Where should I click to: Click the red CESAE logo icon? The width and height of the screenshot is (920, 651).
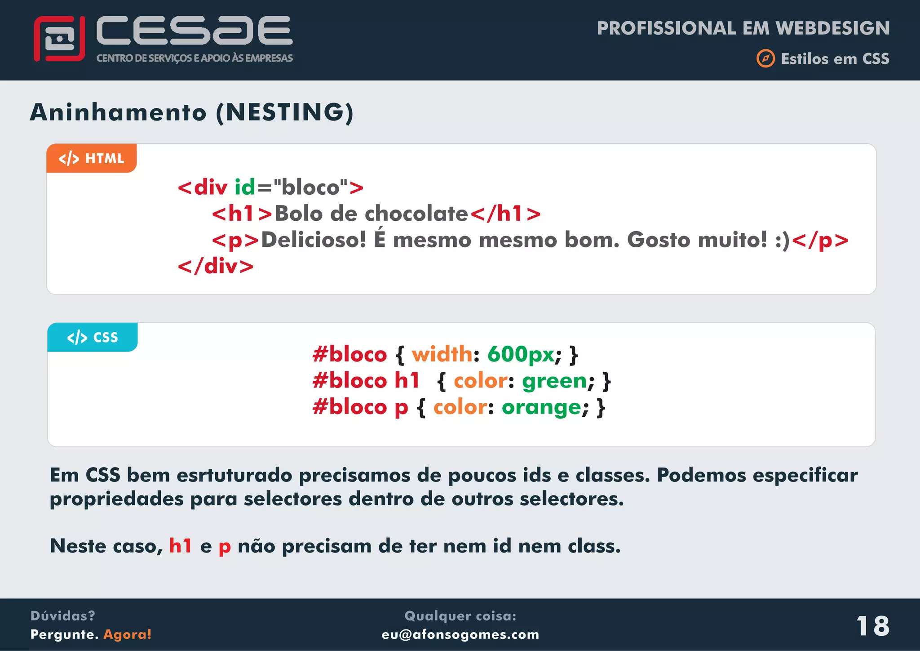click(59, 39)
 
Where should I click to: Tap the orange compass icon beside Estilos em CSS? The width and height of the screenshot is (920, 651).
click(765, 58)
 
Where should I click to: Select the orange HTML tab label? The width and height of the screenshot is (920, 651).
click(92, 158)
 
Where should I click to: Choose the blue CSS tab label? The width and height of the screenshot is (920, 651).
click(93, 337)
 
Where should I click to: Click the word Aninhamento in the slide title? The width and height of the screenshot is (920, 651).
click(118, 112)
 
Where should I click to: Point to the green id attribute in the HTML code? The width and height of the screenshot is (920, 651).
click(245, 187)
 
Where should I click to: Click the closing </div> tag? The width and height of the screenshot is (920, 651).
click(216, 266)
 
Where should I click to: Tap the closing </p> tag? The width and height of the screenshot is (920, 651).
click(820, 240)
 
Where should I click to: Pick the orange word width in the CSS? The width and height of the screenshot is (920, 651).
click(442, 354)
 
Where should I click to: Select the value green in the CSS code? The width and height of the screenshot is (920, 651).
click(554, 381)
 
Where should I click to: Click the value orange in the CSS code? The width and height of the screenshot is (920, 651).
click(541, 407)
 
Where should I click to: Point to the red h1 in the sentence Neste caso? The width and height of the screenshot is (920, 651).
click(180, 546)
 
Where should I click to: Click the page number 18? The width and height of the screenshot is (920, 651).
click(872, 625)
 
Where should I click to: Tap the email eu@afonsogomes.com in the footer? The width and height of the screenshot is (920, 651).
click(460, 634)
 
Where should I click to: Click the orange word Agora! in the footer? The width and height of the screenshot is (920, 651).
click(128, 634)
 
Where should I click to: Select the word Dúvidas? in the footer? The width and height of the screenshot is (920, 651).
click(63, 615)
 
